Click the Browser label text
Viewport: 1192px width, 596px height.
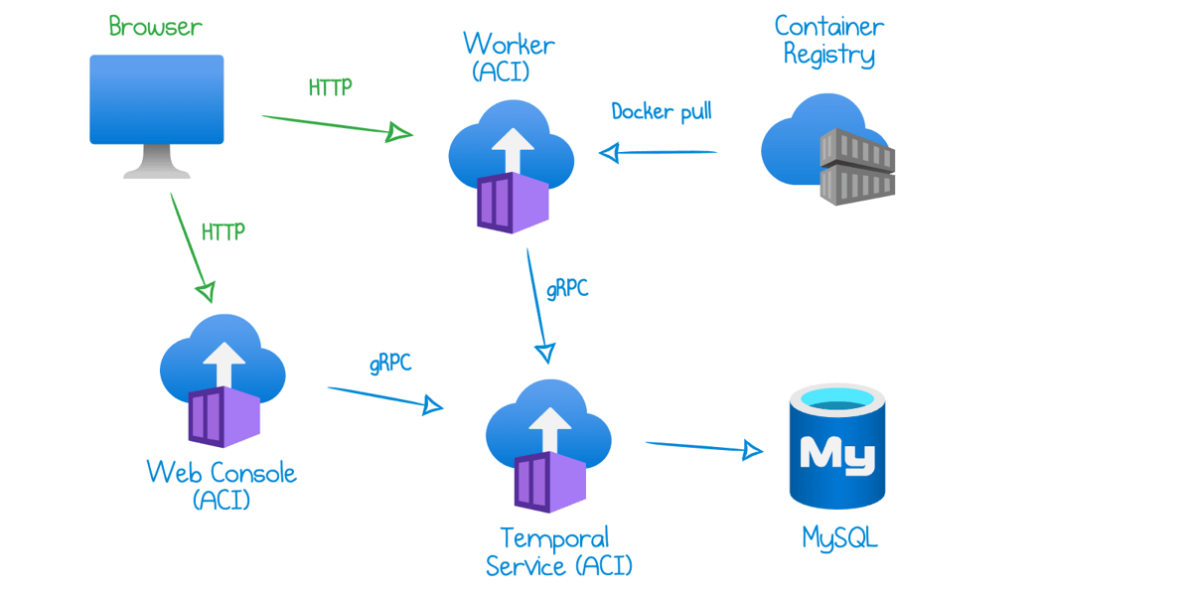(156, 26)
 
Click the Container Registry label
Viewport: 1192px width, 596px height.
(829, 40)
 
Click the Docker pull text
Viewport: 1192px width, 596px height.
(662, 111)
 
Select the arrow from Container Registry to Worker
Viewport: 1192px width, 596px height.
(658, 153)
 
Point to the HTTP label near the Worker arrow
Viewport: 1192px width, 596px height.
(330, 87)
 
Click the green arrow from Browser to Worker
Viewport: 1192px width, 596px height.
(337, 125)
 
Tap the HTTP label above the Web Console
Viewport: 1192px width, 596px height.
(223, 232)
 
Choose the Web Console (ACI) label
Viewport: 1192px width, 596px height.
(222, 484)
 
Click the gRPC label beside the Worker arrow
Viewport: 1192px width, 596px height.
(567, 289)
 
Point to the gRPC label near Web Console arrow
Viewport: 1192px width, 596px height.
(390, 364)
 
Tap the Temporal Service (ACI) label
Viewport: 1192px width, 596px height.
(558, 552)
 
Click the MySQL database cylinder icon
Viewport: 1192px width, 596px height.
(837, 446)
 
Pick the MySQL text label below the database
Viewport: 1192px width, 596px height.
(839, 538)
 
